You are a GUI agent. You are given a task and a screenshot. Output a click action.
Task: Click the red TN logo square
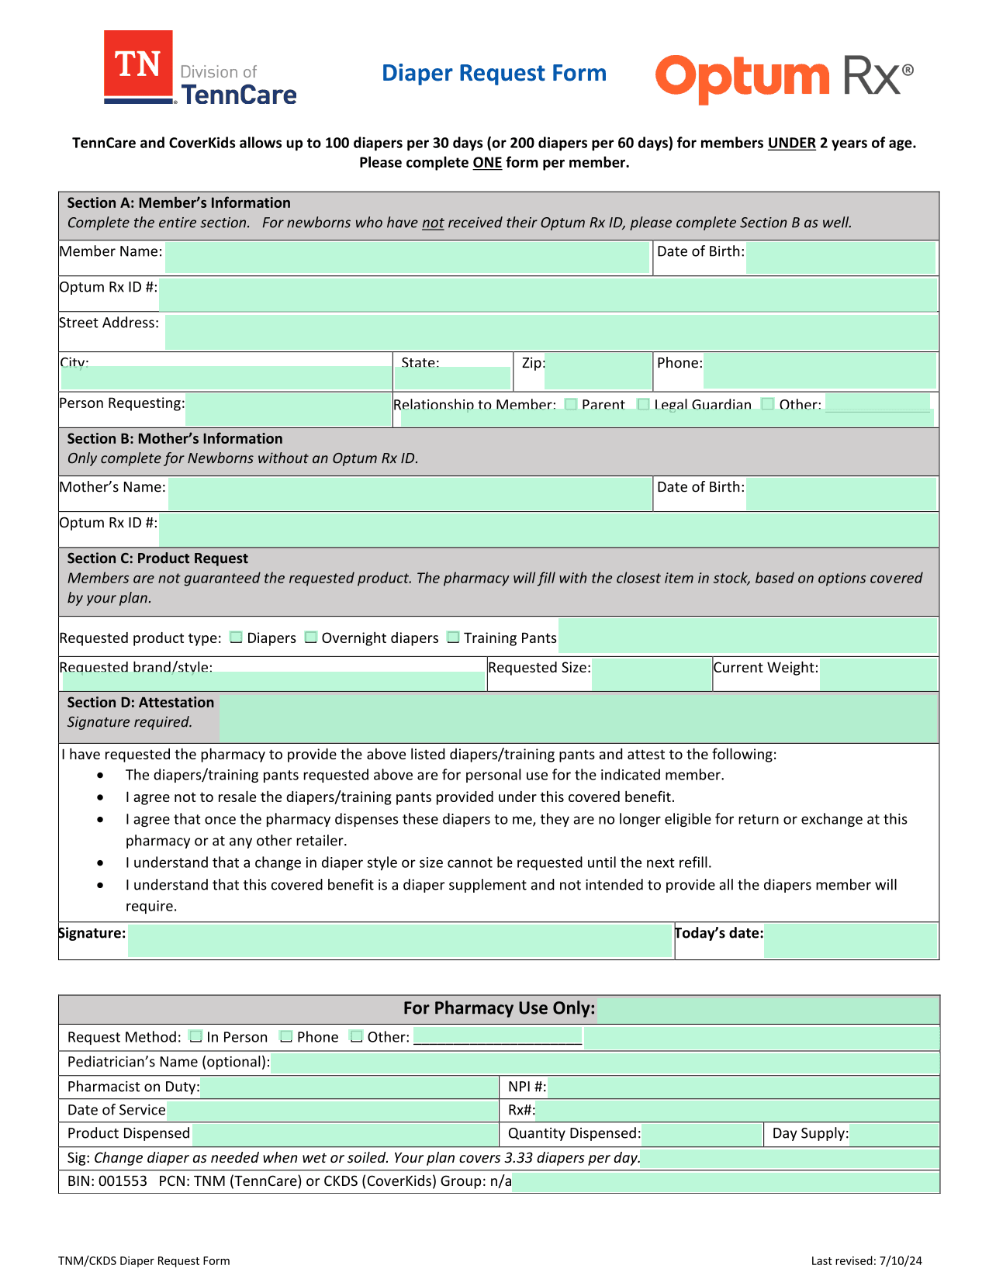tap(138, 65)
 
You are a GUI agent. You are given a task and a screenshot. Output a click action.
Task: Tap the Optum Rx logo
tap(783, 78)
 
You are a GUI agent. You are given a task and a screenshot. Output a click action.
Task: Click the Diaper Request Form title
tap(494, 73)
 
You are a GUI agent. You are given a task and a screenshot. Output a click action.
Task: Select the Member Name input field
tap(406, 258)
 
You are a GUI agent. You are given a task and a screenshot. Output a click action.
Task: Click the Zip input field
tap(597, 371)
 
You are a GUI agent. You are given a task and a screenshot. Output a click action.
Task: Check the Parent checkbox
tap(572, 404)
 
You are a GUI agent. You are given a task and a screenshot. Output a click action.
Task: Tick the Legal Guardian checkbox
tap(643, 404)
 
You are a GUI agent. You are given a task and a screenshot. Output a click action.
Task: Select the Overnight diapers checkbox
tap(311, 638)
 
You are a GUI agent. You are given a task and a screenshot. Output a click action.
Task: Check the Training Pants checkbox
tap(454, 638)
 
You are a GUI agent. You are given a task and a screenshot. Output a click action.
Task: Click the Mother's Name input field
tap(410, 494)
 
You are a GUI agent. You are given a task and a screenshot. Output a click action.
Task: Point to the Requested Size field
tap(652, 674)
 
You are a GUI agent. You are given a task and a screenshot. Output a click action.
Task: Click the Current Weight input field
tap(878, 674)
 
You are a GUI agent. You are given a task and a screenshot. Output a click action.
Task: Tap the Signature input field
tap(399, 941)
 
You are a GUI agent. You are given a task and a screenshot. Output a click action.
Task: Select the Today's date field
tap(850, 941)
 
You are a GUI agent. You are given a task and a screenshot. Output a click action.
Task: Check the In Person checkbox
tap(196, 1037)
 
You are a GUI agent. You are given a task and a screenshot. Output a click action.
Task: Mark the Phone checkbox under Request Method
tap(286, 1037)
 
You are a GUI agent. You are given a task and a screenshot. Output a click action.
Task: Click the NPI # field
tap(743, 1087)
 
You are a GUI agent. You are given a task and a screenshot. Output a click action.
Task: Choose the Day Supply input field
tap(894, 1134)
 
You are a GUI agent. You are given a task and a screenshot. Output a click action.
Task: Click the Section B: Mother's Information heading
tap(175, 439)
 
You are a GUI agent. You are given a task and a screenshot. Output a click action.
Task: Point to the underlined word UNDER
tap(791, 143)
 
